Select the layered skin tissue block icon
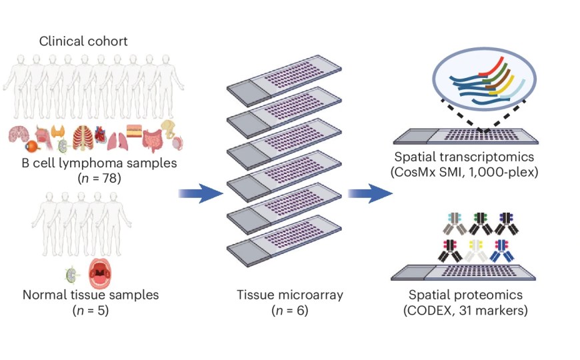pos(134,131)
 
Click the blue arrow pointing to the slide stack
pos(200,193)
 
